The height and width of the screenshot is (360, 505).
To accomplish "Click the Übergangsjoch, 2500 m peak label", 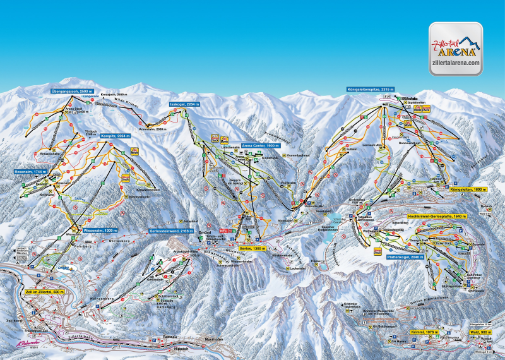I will (x=74, y=92).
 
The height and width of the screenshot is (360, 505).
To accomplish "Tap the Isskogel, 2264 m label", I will (x=186, y=104).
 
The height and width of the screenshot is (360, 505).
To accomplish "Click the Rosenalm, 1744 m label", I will (x=32, y=172).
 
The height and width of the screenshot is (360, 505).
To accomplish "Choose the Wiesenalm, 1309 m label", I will (x=102, y=230).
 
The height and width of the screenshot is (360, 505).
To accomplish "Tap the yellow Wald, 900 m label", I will (x=480, y=331).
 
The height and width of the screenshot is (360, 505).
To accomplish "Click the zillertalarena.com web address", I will (x=455, y=63).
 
